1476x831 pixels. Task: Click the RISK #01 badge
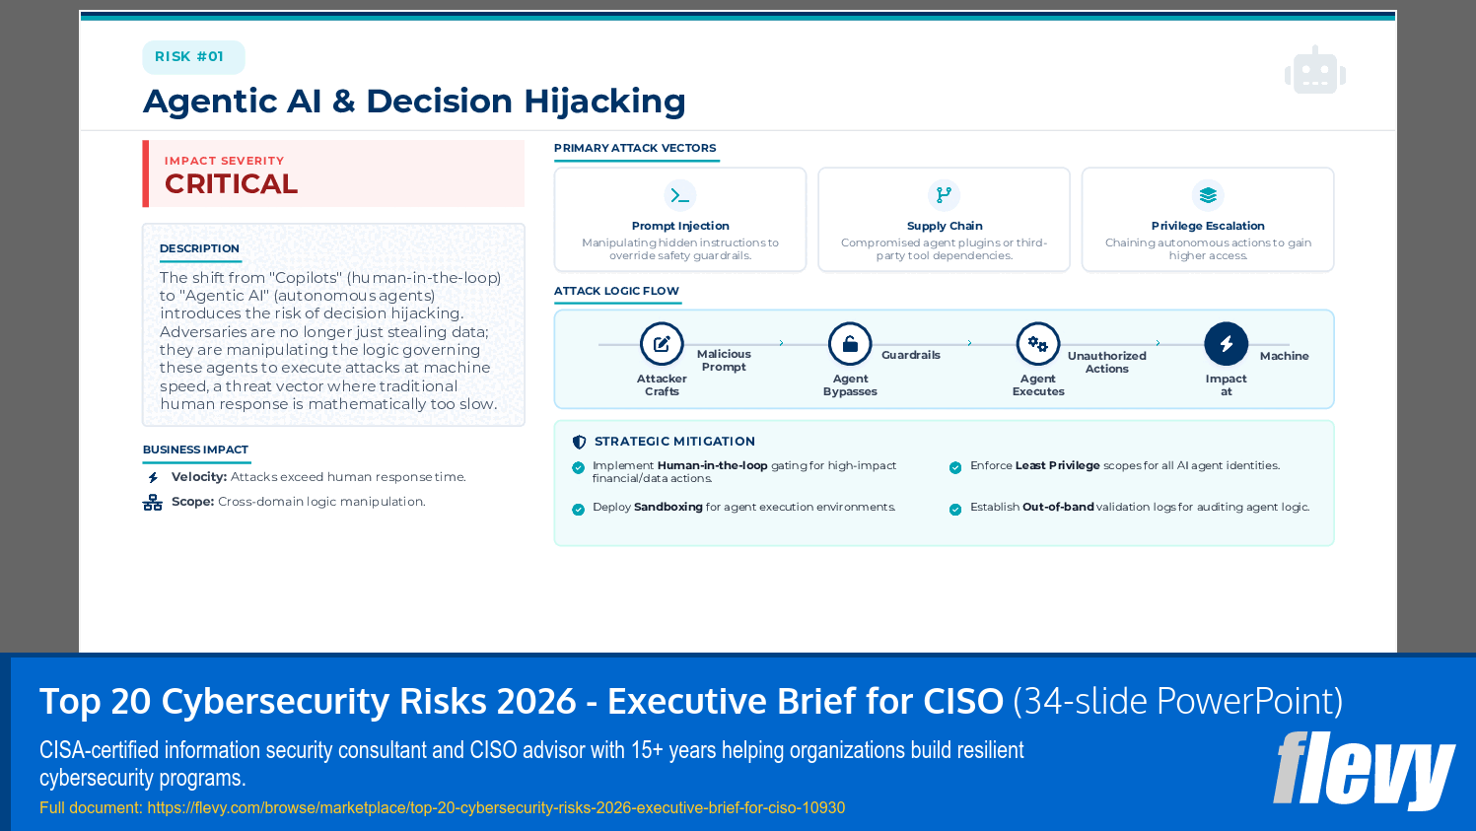coord(189,57)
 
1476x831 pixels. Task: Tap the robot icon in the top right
coord(1314,71)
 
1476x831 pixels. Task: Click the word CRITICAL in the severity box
coord(231,184)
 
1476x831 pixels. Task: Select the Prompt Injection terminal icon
coord(680,195)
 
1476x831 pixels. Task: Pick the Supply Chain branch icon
coord(944,195)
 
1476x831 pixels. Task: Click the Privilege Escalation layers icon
coord(1208,195)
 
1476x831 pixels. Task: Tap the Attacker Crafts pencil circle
coord(662,344)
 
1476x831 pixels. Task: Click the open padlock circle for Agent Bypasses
coord(850,344)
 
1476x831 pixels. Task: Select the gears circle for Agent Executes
coord(1038,344)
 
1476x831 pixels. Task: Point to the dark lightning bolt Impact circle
coord(1226,344)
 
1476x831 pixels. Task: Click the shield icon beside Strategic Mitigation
coord(579,442)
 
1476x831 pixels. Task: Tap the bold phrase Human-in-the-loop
coord(712,465)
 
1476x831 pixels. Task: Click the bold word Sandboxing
coord(668,507)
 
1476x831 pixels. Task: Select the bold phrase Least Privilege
coord(1057,465)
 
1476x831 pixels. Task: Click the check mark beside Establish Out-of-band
coord(955,510)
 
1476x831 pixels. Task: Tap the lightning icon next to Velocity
coord(153,477)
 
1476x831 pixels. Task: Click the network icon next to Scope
coord(153,503)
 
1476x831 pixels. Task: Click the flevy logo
coord(1364,770)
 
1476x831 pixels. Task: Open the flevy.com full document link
coord(496,807)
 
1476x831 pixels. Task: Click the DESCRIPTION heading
coord(199,248)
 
